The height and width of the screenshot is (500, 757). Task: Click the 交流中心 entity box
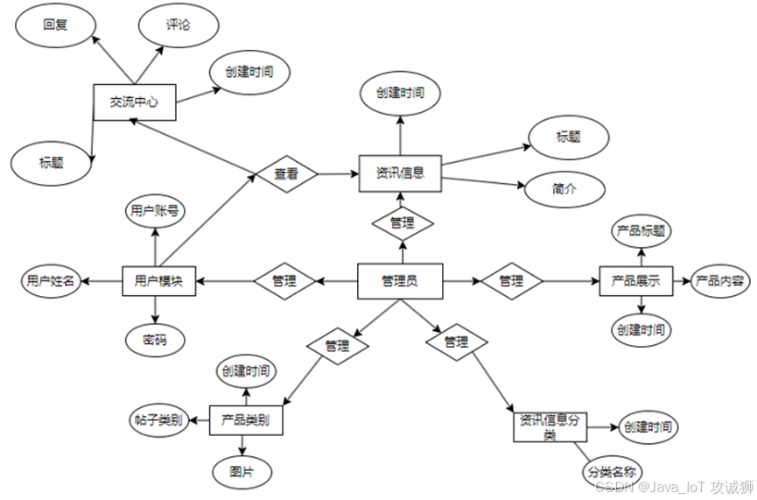point(134,102)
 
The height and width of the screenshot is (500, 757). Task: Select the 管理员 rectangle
point(400,281)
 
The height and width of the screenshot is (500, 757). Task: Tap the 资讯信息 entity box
point(400,173)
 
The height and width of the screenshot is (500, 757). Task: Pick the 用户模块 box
point(158,281)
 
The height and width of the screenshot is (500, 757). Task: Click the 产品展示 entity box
point(635,282)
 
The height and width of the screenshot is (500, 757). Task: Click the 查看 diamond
point(285,174)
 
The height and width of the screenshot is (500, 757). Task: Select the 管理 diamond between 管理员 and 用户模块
point(284,282)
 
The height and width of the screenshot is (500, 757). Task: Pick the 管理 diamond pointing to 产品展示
point(511,281)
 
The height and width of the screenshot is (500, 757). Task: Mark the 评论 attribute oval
point(178,25)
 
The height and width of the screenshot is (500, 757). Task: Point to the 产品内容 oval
point(719,281)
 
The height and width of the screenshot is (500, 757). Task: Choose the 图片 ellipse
point(240,470)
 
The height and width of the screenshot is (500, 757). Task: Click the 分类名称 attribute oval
point(611,472)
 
